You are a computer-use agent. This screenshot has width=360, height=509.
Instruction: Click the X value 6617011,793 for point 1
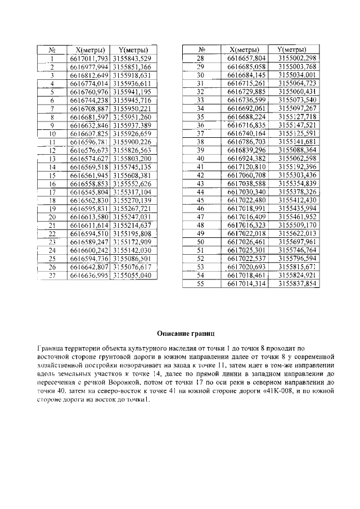coord(88,58)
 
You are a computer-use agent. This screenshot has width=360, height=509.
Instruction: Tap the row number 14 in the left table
coord(51,167)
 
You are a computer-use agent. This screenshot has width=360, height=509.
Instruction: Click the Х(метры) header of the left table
coord(88,49)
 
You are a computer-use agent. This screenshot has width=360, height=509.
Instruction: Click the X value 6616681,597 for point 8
coord(88,116)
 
